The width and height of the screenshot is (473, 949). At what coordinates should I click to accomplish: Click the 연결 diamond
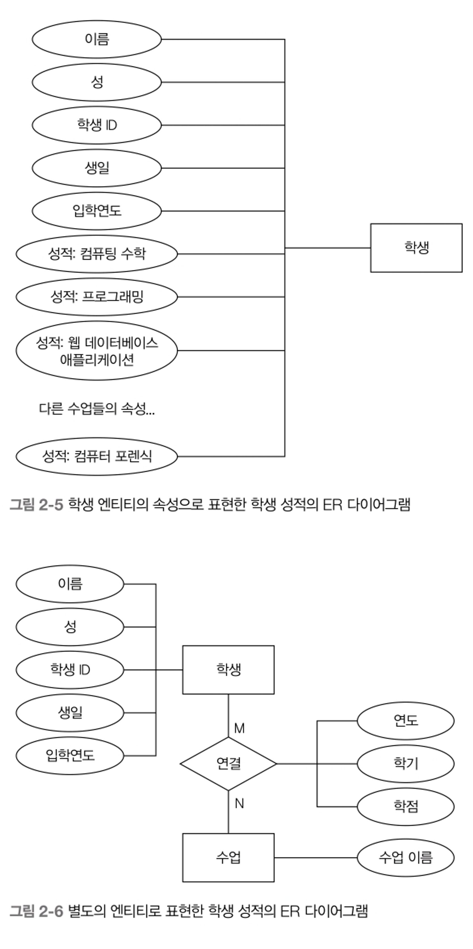pos(228,764)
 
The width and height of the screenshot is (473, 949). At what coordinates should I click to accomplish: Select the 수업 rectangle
pos(228,858)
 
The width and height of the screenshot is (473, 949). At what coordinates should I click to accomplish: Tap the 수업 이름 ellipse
pos(406,858)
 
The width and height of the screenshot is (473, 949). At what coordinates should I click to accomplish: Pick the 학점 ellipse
pos(406,807)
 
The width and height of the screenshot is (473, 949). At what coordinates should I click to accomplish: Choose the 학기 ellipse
pos(406,764)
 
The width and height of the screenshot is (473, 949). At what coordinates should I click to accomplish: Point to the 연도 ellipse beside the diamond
pos(406,721)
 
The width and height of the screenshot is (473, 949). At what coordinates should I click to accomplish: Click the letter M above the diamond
pos(239,728)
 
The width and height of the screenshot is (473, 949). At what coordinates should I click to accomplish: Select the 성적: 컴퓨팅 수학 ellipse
pos(97,254)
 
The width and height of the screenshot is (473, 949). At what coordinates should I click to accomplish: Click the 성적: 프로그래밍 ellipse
pos(97,297)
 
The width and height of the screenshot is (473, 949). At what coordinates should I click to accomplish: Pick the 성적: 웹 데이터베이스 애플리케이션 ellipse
pos(97,351)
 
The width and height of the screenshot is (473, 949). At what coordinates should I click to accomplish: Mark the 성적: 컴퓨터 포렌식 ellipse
pos(97,456)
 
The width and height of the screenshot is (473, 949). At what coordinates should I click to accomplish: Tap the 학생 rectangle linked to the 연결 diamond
pos(228,670)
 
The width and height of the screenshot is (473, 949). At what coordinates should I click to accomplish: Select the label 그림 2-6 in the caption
pos(36,911)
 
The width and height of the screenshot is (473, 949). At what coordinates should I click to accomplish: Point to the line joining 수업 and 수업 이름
pos(316,858)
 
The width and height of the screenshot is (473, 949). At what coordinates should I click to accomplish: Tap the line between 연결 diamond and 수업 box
pos(228,812)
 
